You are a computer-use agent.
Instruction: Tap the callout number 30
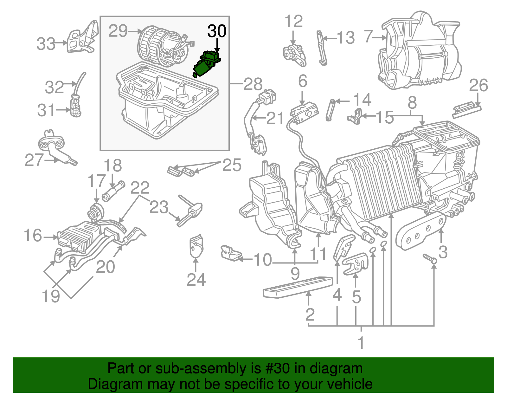[x=217, y=31]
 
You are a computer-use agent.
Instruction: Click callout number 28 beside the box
[x=253, y=84]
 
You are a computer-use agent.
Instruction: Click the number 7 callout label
[x=368, y=36]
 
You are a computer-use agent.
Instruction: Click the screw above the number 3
[x=430, y=258]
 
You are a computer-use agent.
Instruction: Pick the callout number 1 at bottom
[x=361, y=342]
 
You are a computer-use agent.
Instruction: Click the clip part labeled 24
[x=196, y=246]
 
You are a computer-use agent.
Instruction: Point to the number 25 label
[x=232, y=165]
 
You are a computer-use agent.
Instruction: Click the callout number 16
[x=33, y=236]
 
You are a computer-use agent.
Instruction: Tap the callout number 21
[x=275, y=119]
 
